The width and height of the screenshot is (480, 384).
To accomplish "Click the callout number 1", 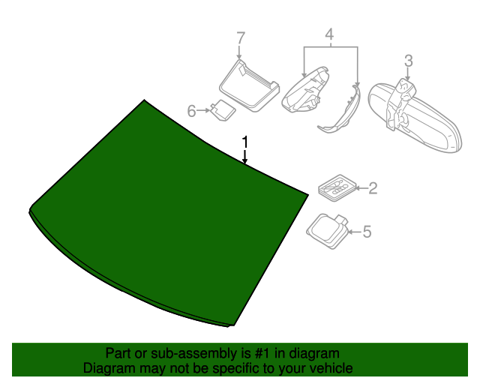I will click(x=244, y=142).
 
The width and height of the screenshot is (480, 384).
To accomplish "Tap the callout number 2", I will click(x=372, y=188).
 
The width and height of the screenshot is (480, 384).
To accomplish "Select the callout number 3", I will click(x=408, y=60).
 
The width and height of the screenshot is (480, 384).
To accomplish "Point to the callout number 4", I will click(x=328, y=34).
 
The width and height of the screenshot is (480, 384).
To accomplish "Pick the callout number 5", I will click(x=367, y=232).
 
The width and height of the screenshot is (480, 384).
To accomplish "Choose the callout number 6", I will click(x=191, y=111).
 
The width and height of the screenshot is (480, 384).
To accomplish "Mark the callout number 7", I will click(x=240, y=37).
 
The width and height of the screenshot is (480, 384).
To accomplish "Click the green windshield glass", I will click(x=165, y=217).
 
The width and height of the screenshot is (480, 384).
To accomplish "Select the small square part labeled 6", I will click(x=223, y=110).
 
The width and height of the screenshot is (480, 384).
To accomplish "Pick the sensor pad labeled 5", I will click(x=328, y=228).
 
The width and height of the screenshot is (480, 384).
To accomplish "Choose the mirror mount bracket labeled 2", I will click(x=337, y=187).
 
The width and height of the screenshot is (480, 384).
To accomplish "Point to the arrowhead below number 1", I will click(x=244, y=160).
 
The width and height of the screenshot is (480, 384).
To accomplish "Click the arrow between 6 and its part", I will click(x=204, y=111).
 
